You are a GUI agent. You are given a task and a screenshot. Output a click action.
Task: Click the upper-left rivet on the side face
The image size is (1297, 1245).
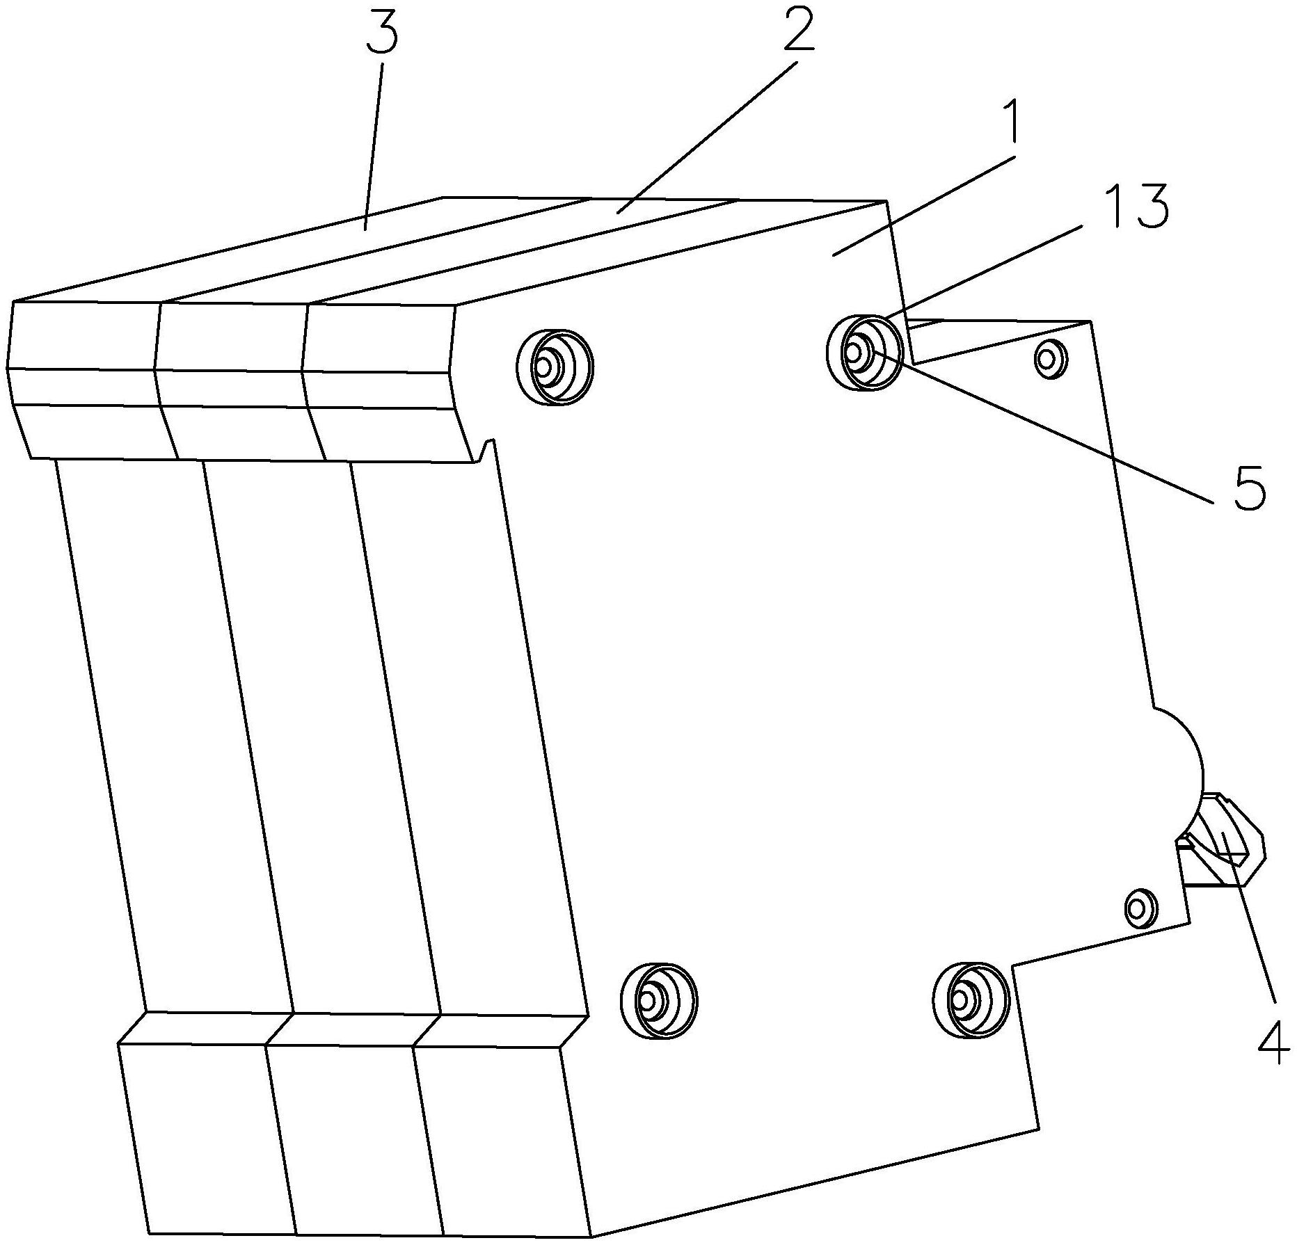tap(555, 367)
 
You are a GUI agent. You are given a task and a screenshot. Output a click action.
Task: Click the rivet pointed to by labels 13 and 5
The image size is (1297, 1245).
tap(864, 352)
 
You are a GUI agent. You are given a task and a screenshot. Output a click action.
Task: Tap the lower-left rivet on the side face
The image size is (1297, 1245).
tap(658, 1001)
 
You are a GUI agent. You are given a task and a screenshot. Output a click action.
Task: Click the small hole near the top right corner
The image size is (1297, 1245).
tap(1050, 359)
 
